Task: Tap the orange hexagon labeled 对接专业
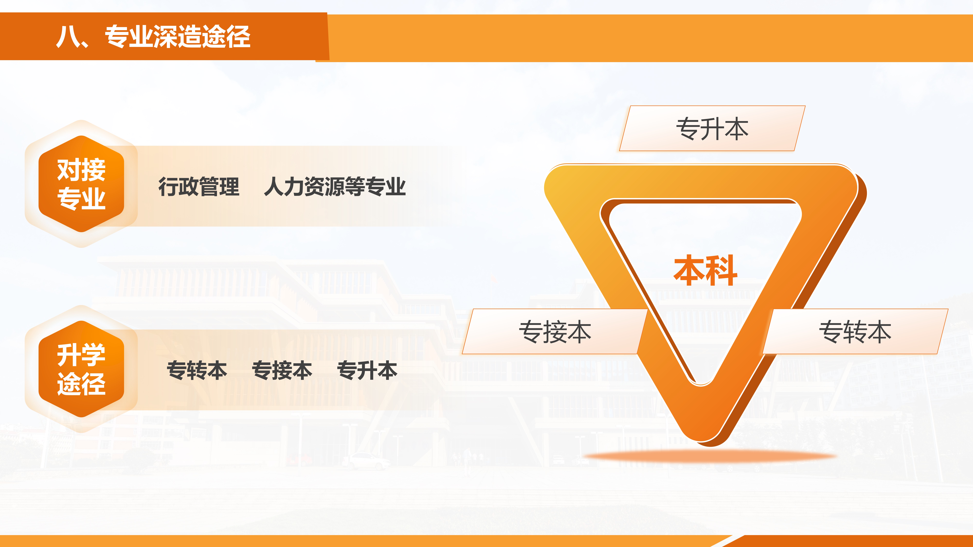[x=81, y=184]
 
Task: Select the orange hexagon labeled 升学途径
[x=81, y=369]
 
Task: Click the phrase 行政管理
[x=199, y=186]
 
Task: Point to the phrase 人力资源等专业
[x=335, y=186]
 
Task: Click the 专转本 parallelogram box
[x=855, y=331]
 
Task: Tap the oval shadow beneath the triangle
[x=710, y=457]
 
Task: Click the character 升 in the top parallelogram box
[x=712, y=129]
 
